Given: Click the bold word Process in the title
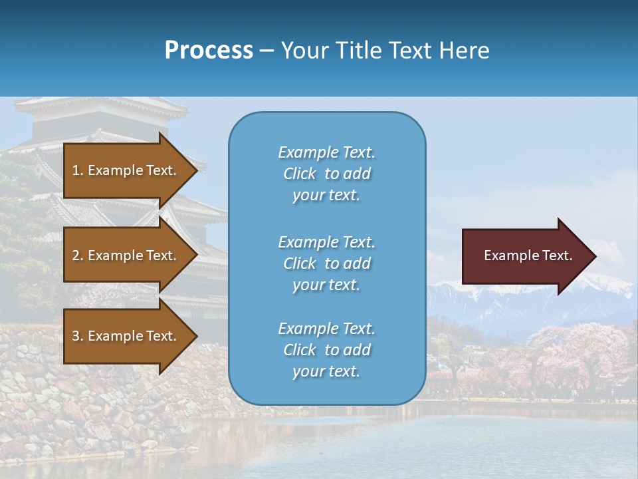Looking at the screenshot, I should (209, 51).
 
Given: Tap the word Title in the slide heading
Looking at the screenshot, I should (356, 51).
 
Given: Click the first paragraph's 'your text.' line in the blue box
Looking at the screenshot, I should (326, 196).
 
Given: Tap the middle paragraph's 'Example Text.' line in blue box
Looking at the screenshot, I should (326, 242).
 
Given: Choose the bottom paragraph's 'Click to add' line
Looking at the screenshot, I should (326, 350).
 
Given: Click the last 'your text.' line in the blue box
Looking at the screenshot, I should (326, 371).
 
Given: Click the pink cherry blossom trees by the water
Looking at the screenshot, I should (578, 353).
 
